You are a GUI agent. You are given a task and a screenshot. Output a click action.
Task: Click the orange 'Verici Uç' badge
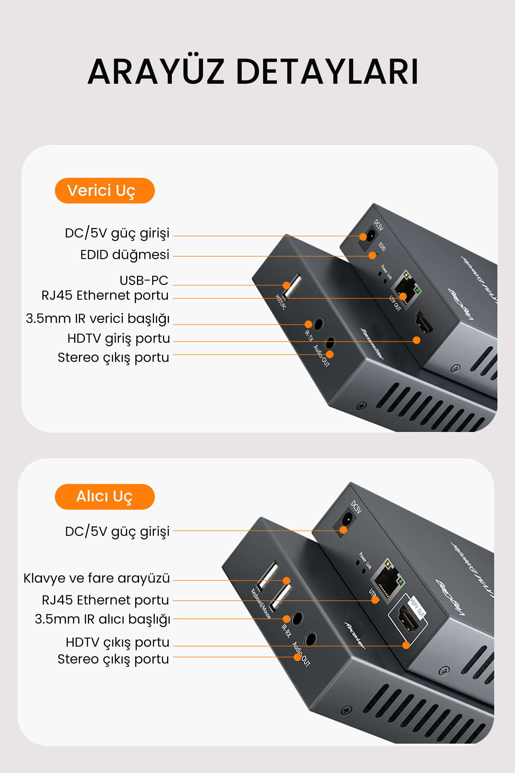(x=105, y=191)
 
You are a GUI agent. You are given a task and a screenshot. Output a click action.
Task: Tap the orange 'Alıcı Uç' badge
(x=105, y=496)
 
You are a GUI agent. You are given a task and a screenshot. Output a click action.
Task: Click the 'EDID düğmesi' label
(x=125, y=255)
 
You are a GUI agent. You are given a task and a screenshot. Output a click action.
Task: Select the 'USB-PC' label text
(x=144, y=280)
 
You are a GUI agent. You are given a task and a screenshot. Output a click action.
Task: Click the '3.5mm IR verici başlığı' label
(x=98, y=318)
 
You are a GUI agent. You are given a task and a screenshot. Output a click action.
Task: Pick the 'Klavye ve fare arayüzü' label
(x=97, y=578)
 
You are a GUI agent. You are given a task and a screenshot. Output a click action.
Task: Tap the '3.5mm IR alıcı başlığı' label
(x=102, y=619)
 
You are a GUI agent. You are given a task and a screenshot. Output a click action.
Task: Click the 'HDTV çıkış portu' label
(x=118, y=642)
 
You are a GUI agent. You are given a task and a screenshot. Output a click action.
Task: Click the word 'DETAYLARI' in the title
(x=327, y=72)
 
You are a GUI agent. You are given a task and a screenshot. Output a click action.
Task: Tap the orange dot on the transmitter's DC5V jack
(x=363, y=237)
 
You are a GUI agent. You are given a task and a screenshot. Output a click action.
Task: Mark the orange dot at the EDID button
(x=372, y=255)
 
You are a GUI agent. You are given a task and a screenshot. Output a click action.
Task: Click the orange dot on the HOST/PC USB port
(x=286, y=285)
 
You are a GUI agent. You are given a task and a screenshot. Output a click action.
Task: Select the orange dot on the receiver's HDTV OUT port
(x=406, y=645)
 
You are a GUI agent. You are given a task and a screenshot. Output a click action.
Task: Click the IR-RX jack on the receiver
(x=297, y=618)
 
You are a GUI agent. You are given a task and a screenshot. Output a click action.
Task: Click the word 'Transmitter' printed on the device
(x=372, y=343)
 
